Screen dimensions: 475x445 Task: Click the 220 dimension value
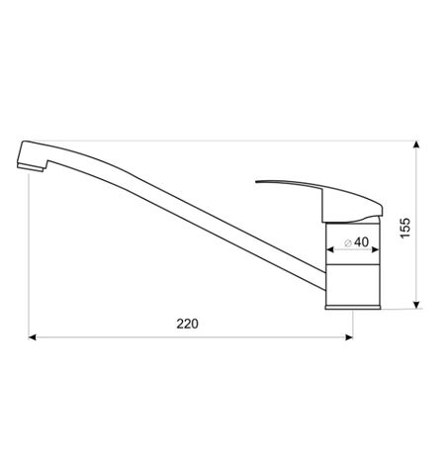188,324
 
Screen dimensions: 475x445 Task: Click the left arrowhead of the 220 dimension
34,337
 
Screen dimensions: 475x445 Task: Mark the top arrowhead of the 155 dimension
416,145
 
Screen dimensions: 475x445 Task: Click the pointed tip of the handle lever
258,184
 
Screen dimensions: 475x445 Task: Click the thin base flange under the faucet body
352,308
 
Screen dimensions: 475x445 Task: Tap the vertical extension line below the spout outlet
29,257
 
